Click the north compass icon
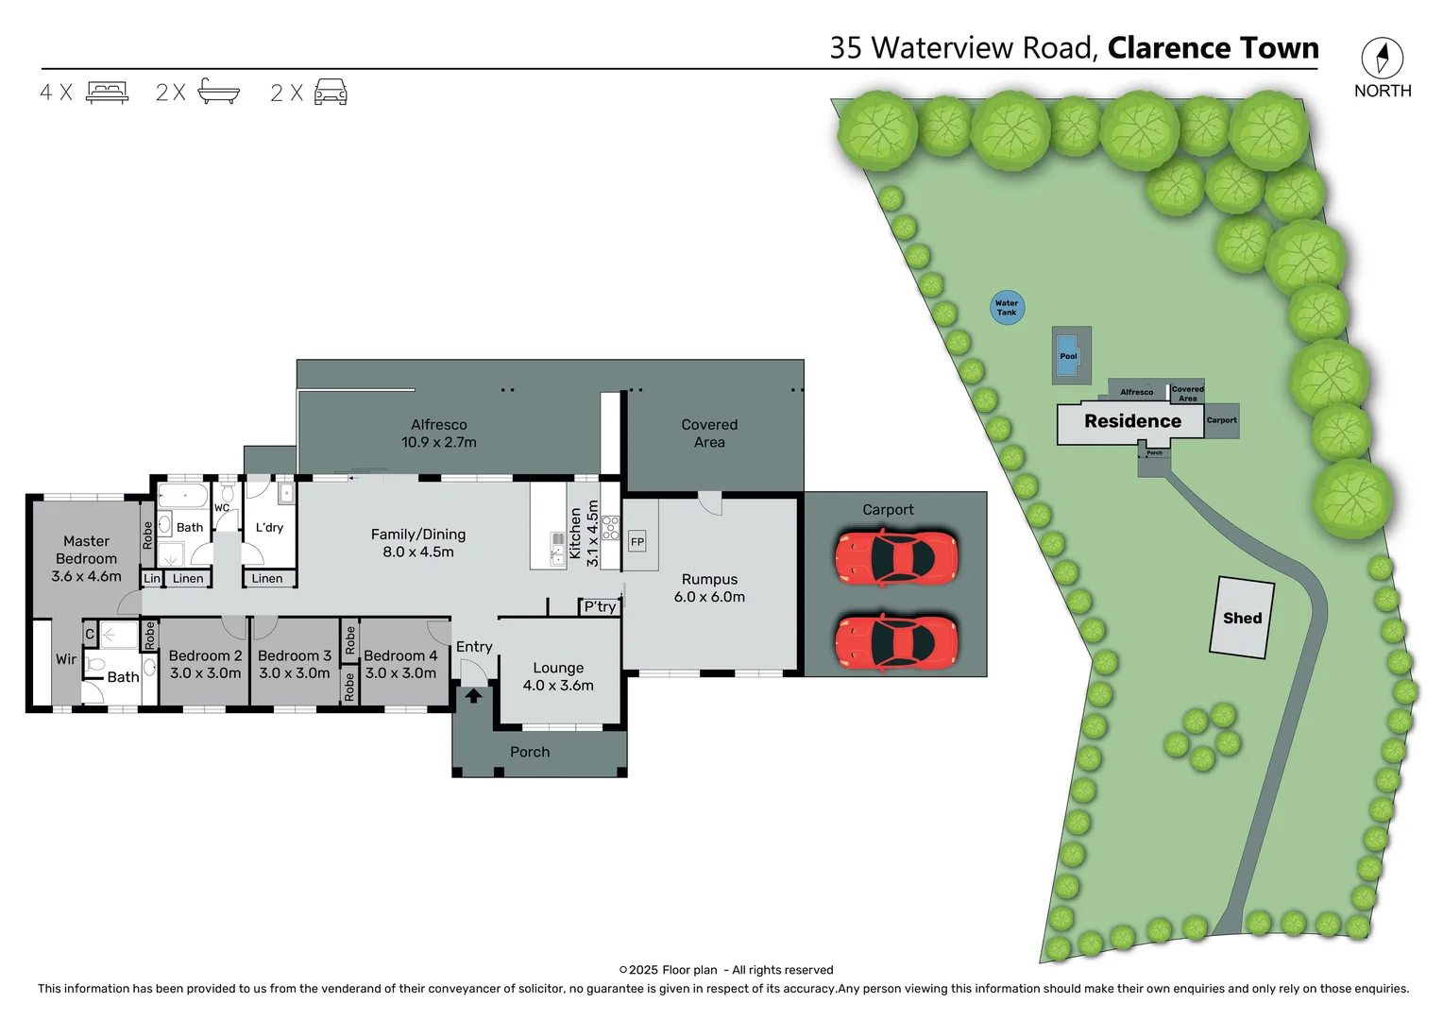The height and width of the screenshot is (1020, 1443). tap(1382, 59)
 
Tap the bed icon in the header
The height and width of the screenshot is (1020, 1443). tap(107, 93)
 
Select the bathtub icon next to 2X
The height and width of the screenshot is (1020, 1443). tap(219, 92)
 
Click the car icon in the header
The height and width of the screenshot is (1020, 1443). tap(331, 93)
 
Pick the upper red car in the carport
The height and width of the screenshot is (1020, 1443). tap(895, 557)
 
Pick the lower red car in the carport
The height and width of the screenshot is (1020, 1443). tap(895, 642)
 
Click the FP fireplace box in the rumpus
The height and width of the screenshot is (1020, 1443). tap(637, 541)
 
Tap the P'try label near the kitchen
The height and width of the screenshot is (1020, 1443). tap(600, 606)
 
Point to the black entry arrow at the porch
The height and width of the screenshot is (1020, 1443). tap(473, 696)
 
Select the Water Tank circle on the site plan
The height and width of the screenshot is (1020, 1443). tap(1007, 308)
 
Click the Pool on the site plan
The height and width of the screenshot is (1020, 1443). tap(1068, 355)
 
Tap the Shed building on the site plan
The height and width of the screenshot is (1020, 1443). tap(1242, 618)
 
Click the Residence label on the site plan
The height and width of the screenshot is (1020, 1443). tap(1132, 421)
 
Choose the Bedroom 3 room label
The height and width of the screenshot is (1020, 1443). tap(295, 655)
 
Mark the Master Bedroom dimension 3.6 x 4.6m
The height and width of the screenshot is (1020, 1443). tap(86, 576)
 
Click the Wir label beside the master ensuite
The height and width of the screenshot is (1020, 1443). tap(66, 659)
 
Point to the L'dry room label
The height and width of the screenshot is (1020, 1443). tap(269, 527)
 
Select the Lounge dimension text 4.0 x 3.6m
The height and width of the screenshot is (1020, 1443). tap(558, 686)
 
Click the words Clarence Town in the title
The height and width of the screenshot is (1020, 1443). tap(1213, 47)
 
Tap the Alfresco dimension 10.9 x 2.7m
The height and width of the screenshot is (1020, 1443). tap(438, 442)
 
